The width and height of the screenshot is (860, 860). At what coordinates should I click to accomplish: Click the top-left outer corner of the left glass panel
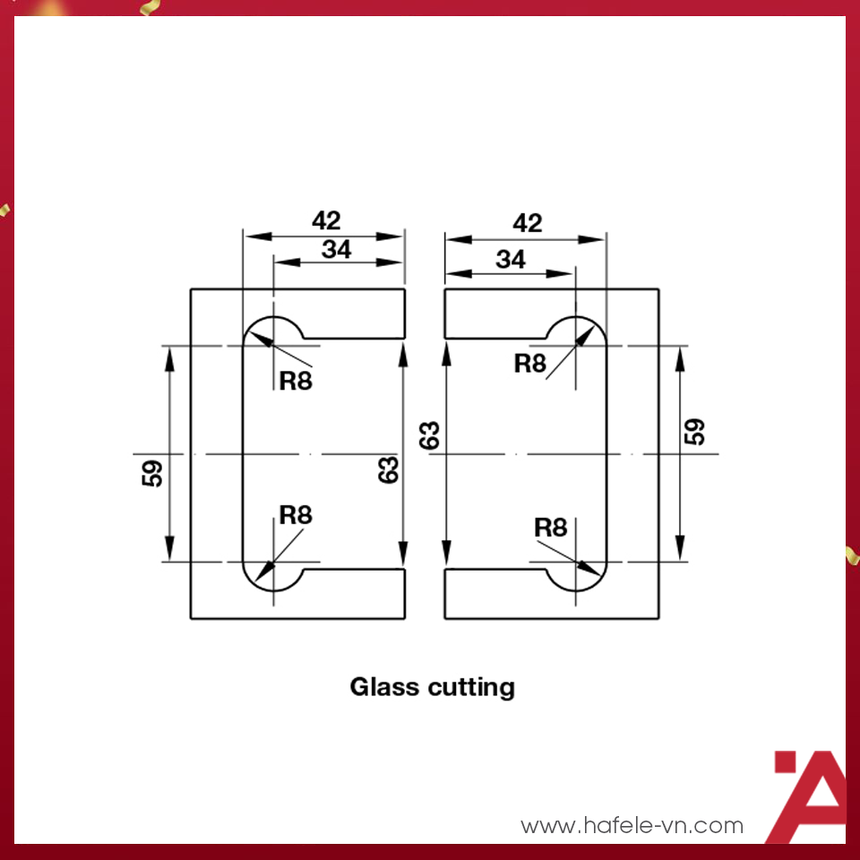pyautogui.click(x=191, y=289)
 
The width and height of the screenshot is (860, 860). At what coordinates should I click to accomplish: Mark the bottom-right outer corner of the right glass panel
pyautogui.click(x=658, y=619)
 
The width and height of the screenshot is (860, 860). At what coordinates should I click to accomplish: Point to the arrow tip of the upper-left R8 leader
pyautogui.click(x=250, y=332)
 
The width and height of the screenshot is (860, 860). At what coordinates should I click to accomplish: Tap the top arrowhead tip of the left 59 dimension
pyautogui.click(x=169, y=347)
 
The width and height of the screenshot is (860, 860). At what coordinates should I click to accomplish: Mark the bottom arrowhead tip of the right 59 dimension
pyautogui.click(x=680, y=561)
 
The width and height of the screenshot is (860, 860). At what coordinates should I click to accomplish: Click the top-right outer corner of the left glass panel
pyautogui.click(x=405, y=289)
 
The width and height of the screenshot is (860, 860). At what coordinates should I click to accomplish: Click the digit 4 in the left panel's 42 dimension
pyautogui.click(x=319, y=220)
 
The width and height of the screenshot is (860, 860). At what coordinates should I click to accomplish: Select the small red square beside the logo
pyautogui.click(x=785, y=761)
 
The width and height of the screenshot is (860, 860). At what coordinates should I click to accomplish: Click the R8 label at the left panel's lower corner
pyautogui.click(x=296, y=515)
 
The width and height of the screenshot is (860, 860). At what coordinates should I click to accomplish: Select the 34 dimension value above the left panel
pyautogui.click(x=336, y=250)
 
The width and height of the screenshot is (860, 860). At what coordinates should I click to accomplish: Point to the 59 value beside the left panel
pyautogui.click(x=152, y=473)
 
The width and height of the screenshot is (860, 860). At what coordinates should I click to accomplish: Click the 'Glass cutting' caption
pyautogui.click(x=432, y=688)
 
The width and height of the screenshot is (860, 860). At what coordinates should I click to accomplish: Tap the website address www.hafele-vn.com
pyautogui.click(x=632, y=825)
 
